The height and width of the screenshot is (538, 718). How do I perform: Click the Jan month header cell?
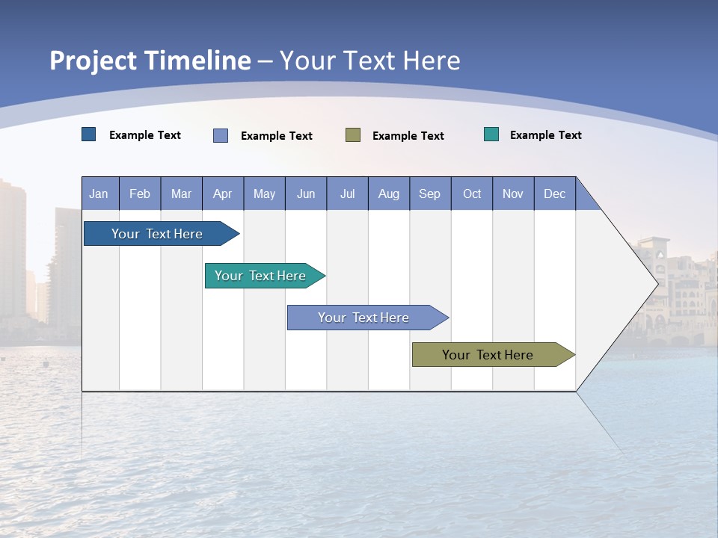pyautogui.click(x=99, y=194)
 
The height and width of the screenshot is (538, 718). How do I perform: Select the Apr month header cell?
pyautogui.click(x=222, y=194)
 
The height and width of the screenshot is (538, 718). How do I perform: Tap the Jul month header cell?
pyautogui.click(x=347, y=194)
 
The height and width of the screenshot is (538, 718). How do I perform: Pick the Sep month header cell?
pyautogui.click(x=429, y=194)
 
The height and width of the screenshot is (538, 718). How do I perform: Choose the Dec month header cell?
pyautogui.click(x=554, y=194)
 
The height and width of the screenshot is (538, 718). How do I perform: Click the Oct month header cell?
pyautogui.click(x=471, y=194)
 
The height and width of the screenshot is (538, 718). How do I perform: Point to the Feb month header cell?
pyautogui.click(x=140, y=194)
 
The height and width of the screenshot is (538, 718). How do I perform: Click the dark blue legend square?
pyautogui.click(x=89, y=134)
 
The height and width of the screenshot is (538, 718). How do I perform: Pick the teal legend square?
pyautogui.click(x=491, y=134)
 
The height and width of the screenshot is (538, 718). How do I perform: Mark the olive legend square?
pyautogui.click(x=353, y=134)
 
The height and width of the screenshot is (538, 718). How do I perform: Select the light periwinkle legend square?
pyautogui.click(x=221, y=135)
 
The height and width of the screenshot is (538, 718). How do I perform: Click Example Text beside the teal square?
pyautogui.click(x=545, y=135)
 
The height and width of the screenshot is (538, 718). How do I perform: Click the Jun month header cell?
pyautogui.click(x=306, y=194)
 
